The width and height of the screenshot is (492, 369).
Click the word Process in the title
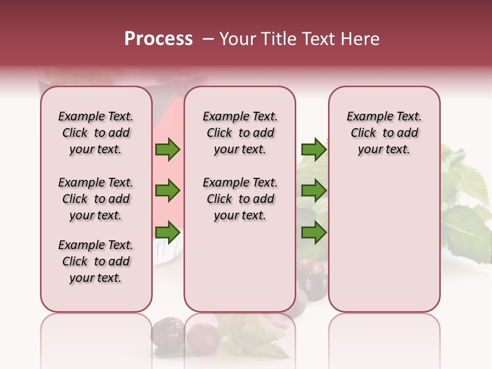(158, 39)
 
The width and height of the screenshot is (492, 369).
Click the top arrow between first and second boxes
(167, 150)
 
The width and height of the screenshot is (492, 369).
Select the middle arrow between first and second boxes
(167, 191)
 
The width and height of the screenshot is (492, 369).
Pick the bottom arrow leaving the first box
(167, 233)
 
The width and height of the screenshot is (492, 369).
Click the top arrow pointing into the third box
(314, 150)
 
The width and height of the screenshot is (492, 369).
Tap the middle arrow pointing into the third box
(314, 191)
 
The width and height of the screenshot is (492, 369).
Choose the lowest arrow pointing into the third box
(314, 233)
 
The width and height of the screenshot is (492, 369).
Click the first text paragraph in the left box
(96, 133)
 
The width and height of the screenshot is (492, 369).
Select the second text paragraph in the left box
(96, 199)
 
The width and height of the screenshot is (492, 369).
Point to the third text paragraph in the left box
(96, 261)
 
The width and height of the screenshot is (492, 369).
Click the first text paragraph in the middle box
(240, 133)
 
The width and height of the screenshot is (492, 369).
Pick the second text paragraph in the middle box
(240, 199)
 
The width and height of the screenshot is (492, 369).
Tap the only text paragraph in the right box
(384, 133)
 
